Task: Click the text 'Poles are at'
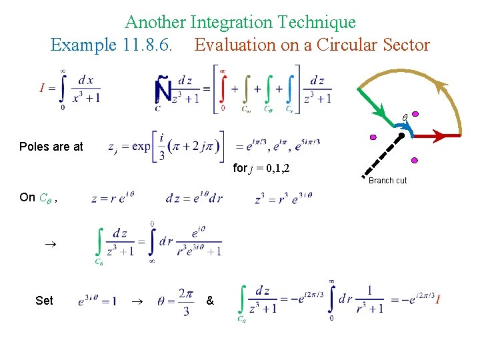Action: click(51, 147)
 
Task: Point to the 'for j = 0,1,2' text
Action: click(261, 168)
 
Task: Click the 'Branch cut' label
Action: click(387, 181)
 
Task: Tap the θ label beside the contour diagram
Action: click(403, 118)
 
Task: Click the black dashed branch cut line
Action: click(385, 155)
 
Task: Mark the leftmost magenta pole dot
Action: click(373, 137)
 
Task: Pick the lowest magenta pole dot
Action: click(414, 160)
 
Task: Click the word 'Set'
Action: click(44, 301)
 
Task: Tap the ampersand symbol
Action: click(210, 301)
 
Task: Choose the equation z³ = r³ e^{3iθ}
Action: click(283, 199)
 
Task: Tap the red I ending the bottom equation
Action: click(437, 300)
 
